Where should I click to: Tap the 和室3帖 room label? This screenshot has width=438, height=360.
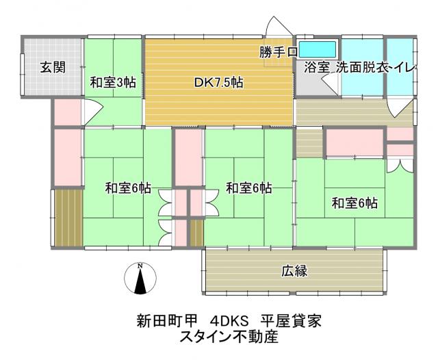[x=113, y=83]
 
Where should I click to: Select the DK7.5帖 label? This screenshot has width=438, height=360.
[x=219, y=83]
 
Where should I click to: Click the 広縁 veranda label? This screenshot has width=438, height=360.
[x=294, y=270]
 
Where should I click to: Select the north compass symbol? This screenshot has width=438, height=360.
[x=140, y=280]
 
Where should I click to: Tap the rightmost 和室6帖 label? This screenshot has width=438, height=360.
[x=355, y=203]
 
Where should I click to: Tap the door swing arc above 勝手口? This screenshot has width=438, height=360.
[x=278, y=29]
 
